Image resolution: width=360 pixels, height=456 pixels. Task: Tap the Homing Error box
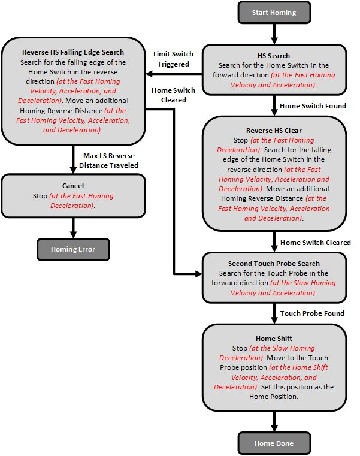click(x=72, y=249)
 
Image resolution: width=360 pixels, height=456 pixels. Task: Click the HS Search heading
click(x=274, y=55)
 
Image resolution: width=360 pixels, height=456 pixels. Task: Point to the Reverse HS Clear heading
click(x=274, y=131)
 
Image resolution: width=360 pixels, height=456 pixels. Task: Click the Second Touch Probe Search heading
click(x=274, y=264)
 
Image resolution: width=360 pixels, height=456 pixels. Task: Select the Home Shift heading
click(x=274, y=339)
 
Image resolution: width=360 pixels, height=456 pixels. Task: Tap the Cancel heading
click(x=73, y=186)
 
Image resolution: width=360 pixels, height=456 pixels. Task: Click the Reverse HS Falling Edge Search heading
click(x=73, y=52)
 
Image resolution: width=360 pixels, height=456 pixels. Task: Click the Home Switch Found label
click(x=313, y=106)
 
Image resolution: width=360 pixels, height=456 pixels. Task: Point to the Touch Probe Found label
click(x=312, y=313)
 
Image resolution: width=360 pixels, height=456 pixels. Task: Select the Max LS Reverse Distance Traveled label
click(x=111, y=161)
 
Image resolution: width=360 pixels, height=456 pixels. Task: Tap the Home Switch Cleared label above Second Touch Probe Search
click(x=315, y=243)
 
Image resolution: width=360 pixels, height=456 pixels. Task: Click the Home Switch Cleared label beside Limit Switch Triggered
click(x=173, y=95)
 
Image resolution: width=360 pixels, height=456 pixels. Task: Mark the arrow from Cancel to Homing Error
click(x=73, y=227)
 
